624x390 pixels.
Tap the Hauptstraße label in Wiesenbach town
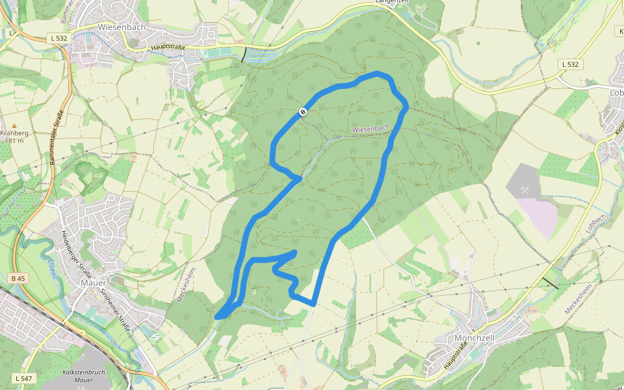point(168,47)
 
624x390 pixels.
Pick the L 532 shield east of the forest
point(569,64)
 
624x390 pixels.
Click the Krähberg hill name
point(14,133)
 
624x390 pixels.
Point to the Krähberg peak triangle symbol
point(14,125)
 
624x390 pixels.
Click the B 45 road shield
point(18,278)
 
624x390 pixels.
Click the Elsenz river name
point(53,268)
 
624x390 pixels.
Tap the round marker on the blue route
point(303,112)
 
